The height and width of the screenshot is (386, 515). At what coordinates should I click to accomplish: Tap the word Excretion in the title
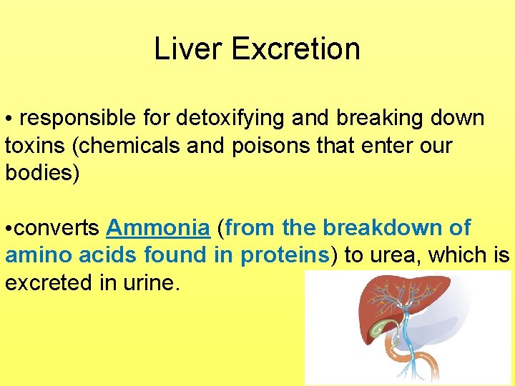295,49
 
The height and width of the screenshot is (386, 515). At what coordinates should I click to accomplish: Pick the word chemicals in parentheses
124,146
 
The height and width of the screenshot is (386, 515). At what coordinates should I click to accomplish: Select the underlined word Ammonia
158,228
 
